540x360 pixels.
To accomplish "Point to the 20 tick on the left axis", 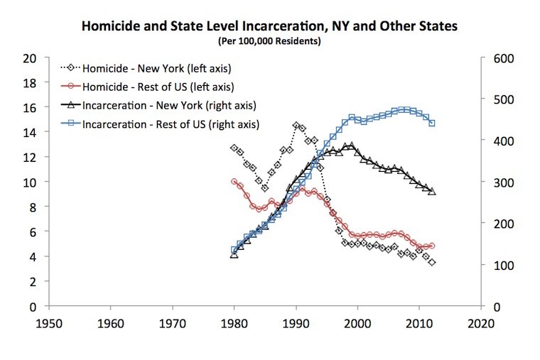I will (31, 58).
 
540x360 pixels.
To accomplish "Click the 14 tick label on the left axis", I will (31, 133).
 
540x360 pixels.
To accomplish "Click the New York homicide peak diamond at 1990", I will (296, 125).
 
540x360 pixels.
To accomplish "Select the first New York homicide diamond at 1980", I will (234, 148).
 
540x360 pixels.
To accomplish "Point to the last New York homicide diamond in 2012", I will (432, 263).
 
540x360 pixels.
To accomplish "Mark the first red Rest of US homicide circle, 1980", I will (234, 182).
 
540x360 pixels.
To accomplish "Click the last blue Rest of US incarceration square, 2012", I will (432, 124).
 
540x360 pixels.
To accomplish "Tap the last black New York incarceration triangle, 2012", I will (432, 192).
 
